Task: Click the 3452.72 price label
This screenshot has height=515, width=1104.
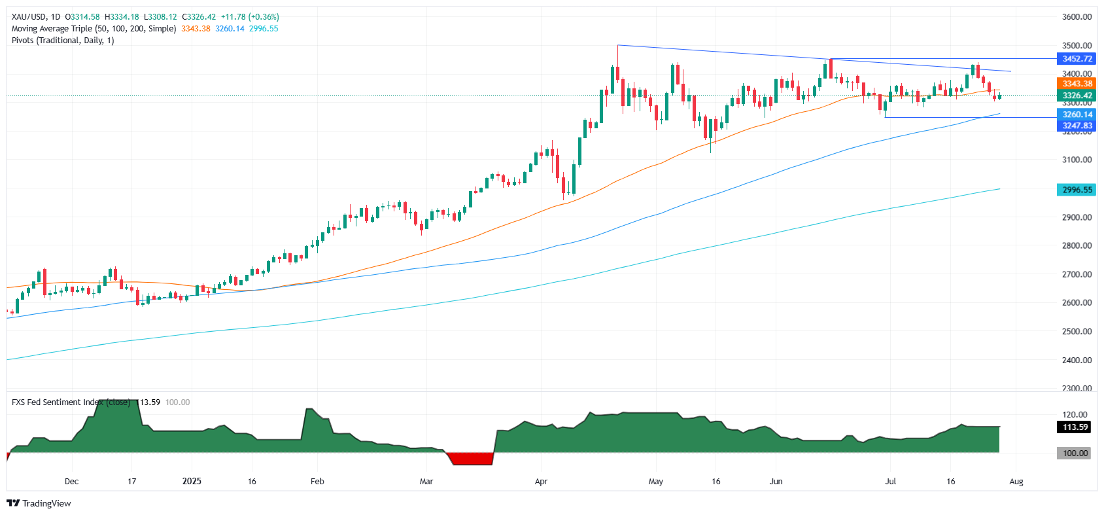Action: (1077, 59)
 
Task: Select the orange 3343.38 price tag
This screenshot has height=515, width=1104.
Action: (1077, 84)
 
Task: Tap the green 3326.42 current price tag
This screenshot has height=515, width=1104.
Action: (1077, 96)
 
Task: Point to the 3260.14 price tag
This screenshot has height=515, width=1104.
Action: (1077, 115)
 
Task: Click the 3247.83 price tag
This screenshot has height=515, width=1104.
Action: (1077, 126)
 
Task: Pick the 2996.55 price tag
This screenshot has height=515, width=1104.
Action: (1077, 190)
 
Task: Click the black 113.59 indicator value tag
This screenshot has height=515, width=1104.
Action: (1075, 427)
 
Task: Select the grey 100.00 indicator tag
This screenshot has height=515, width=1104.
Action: (1075, 453)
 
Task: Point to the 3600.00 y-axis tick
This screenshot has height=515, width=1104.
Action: (1077, 17)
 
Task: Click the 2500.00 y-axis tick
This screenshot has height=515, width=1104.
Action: (1077, 332)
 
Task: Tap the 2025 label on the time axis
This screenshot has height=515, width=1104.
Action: (192, 482)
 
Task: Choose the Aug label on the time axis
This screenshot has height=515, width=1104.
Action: (1016, 482)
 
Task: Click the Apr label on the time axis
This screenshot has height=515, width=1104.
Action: (541, 482)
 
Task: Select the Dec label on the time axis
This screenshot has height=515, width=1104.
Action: (71, 482)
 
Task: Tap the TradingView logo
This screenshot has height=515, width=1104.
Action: (39, 503)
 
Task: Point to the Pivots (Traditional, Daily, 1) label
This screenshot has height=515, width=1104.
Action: (63, 41)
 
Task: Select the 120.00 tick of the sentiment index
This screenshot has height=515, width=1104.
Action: (1075, 415)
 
